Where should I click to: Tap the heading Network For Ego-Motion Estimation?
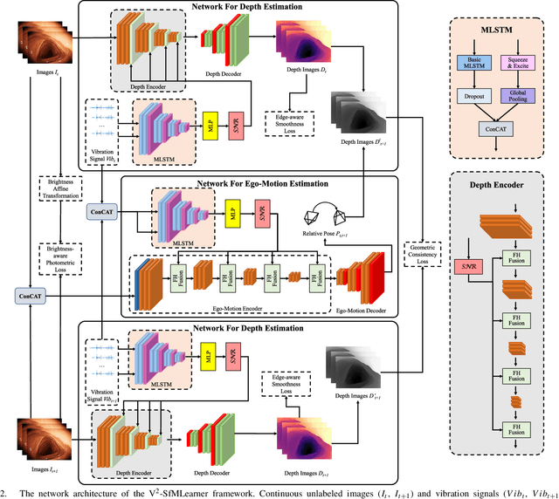point(251,184)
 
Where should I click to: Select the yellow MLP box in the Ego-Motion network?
point(233,215)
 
